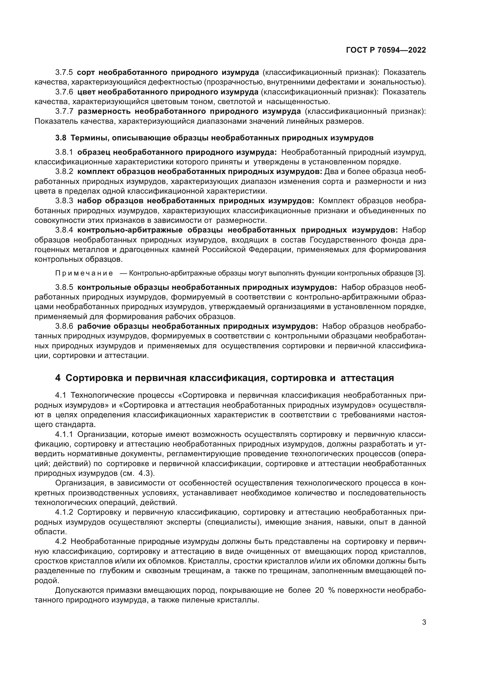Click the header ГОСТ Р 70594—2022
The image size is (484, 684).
(386, 50)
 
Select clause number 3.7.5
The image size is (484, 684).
(64, 73)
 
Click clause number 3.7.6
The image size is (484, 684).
(64, 92)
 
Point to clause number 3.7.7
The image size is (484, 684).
(64, 111)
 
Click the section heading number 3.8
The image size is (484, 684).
(61, 138)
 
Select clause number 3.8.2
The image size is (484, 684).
(64, 172)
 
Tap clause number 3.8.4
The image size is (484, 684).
(64, 230)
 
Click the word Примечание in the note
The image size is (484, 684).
(84, 273)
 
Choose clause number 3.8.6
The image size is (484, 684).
(64, 326)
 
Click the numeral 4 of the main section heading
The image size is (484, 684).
(58, 378)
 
